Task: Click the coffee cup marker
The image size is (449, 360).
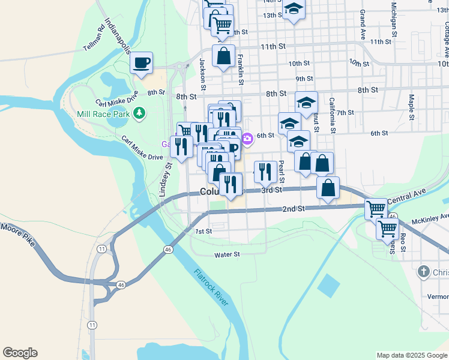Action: (141, 62)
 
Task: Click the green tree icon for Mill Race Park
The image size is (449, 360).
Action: (139, 112)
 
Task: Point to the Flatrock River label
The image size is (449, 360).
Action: (211, 287)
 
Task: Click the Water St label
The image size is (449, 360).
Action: (228, 254)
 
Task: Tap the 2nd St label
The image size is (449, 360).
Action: (294, 209)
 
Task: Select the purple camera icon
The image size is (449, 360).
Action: (247, 139)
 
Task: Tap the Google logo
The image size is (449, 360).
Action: (19, 353)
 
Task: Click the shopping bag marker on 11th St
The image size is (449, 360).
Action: (223, 56)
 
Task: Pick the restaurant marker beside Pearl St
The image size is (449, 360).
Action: (265, 172)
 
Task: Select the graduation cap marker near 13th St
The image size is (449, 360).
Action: (294, 9)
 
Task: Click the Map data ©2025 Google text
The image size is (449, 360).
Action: (412, 355)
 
